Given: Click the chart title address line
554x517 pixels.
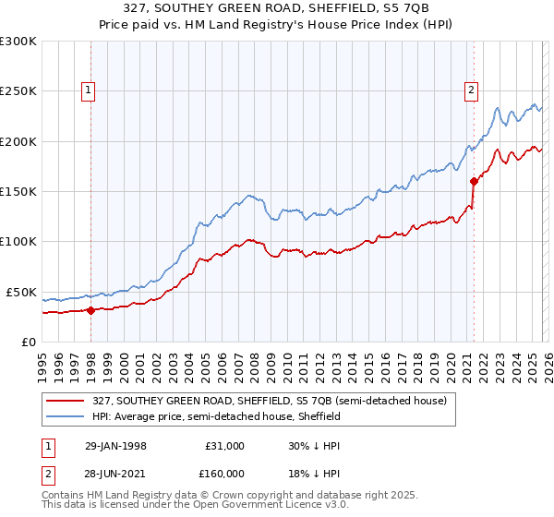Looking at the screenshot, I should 277,9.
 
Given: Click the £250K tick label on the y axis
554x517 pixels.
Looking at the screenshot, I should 18,91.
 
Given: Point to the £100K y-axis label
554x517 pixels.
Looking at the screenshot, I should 18,242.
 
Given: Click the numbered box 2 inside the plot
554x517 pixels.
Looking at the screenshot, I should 471,90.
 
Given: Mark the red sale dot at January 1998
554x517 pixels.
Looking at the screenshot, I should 91,310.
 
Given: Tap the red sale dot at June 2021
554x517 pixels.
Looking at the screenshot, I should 474,181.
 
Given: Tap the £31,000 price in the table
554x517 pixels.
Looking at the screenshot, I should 224,446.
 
